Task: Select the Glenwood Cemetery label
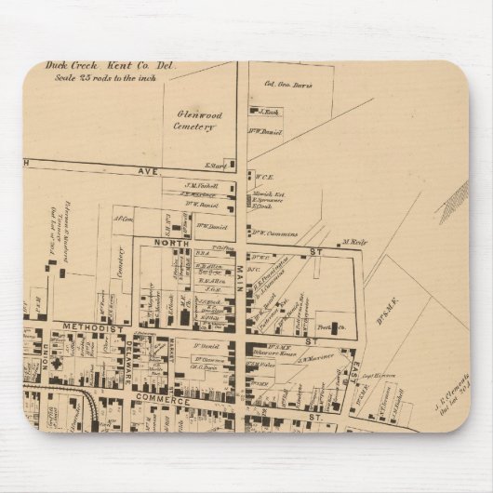click(193, 118)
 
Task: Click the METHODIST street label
click(93, 328)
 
